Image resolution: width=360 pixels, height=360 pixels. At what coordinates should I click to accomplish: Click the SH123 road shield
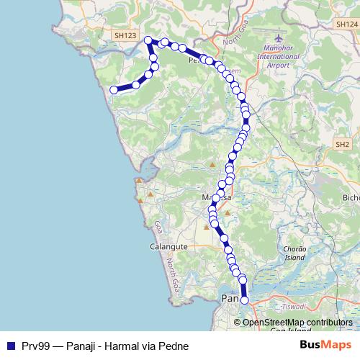pos(124,35)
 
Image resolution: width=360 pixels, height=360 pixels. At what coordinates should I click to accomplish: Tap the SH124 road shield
pos(345,24)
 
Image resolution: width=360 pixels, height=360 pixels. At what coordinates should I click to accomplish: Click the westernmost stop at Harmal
pos(113,90)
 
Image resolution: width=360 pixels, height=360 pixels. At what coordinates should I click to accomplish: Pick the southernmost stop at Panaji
pos(244,300)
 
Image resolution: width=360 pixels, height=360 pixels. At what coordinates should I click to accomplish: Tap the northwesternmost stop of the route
pos(148,40)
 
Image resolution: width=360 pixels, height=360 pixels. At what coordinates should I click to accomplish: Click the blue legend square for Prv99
pos(10,346)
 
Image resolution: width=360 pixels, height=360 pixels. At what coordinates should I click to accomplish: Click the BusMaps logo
pos(325,346)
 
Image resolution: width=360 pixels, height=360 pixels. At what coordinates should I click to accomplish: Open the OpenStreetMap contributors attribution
pos(297,322)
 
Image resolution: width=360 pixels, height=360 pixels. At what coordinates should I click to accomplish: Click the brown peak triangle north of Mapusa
pos(213,166)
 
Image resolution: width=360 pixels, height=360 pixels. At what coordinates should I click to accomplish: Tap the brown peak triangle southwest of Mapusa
pos(207,227)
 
